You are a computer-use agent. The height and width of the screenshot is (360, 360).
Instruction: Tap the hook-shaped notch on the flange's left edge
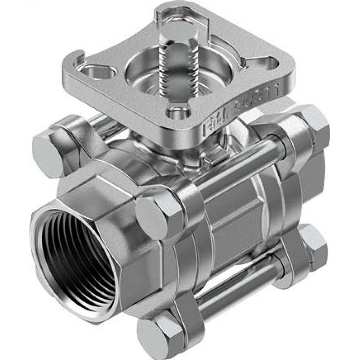click(80, 58)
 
